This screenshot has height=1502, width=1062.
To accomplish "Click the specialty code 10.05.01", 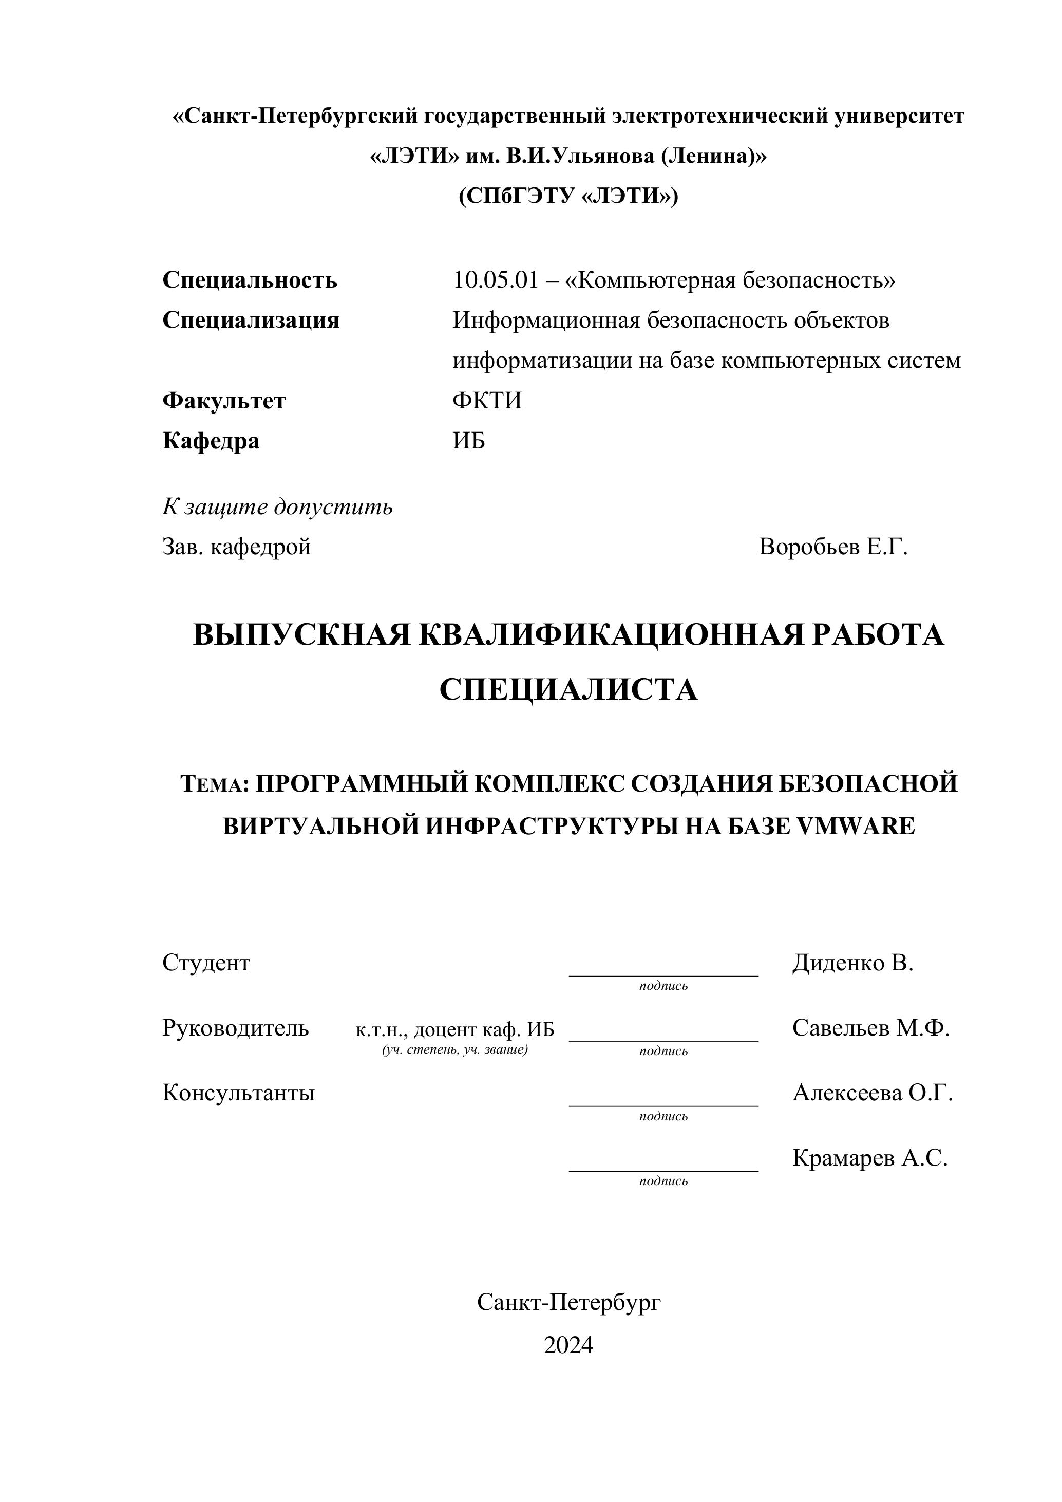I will [x=495, y=280].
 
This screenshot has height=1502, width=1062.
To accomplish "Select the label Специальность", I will [x=250, y=280].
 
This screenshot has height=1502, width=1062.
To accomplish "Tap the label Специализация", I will [x=251, y=321].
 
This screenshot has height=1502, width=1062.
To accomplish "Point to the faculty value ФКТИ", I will [x=487, y=400].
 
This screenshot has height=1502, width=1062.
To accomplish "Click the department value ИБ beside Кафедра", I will [x=469, y=441].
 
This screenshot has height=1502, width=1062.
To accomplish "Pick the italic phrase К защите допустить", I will [x=277, y=507].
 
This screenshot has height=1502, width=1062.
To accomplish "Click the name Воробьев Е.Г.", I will [x=833, y=547].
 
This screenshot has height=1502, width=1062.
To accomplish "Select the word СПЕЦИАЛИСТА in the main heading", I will [x=568, y=689].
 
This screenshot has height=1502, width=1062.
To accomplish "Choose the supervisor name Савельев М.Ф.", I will [x=871, y=1028].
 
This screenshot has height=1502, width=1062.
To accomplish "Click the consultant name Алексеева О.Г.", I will [x=873, y=1093].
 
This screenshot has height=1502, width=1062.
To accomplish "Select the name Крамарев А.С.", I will [x=870, y=1158].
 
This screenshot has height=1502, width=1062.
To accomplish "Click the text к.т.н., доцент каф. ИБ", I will [x=454, y=1030].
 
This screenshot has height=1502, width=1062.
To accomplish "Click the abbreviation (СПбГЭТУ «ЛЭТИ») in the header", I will [x=568, y=196].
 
